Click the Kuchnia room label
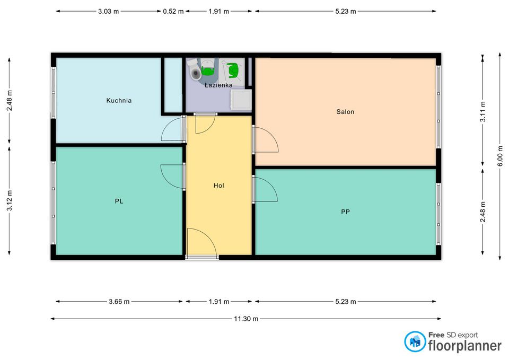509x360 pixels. click(119, 101)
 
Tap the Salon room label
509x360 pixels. click(345, 112)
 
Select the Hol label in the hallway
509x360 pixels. click(219, 186)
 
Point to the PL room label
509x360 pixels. click(119, 201)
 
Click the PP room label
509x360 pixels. click(345, 212)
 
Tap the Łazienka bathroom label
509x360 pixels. click(218, 85)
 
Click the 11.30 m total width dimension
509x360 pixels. click(246, 319)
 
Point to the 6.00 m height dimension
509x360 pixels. click(500, 156)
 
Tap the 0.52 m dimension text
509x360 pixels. click(173, 11)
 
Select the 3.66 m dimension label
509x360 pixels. click(119, 302)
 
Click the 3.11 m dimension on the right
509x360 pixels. click(483, 112)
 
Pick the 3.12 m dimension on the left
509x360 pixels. click(10, 200)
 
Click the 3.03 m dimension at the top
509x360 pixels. click(108, 11)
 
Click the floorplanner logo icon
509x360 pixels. click(415, 341)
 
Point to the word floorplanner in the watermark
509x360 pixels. click(465, 346)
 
